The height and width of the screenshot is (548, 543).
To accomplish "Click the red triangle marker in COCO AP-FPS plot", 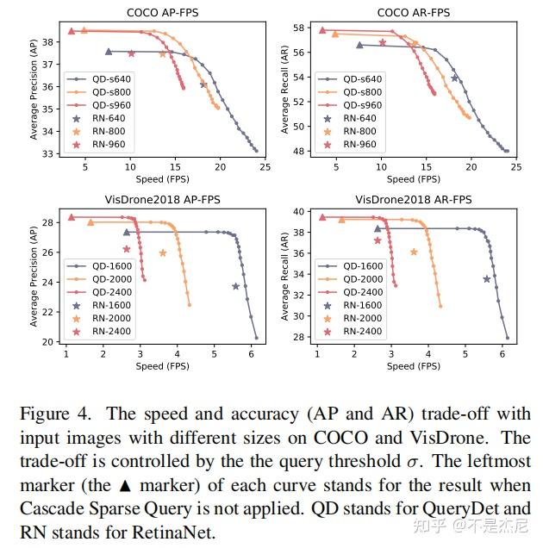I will tap(72, 31).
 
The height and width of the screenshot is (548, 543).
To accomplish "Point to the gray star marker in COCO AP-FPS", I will tap(203, 84).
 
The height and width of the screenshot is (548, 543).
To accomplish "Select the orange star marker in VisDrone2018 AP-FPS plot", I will tap(163, 252).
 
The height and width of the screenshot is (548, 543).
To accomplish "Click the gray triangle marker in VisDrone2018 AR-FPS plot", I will tap(377, 228).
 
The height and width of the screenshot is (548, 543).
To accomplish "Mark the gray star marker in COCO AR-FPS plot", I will tap(454, 78).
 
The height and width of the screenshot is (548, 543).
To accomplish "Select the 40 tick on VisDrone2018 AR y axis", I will tap(299, 211).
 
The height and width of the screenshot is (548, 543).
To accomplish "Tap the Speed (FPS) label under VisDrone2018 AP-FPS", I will tap(160, 366).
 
